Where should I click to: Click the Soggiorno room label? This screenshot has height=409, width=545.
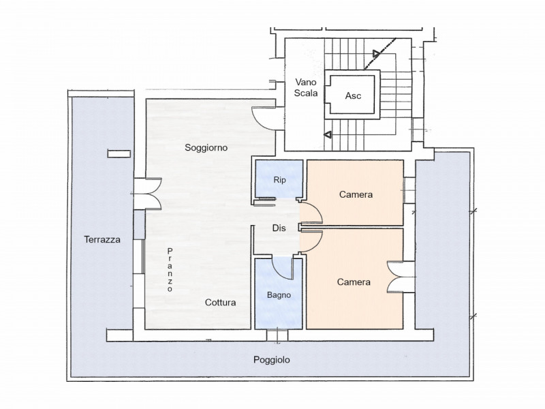point(206,147)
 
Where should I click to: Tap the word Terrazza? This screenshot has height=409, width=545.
point(103,239)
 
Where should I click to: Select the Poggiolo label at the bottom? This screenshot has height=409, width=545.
point(271,360)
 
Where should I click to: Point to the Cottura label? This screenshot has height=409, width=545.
point(221,303)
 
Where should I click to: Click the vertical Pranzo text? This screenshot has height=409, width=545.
point(170,270)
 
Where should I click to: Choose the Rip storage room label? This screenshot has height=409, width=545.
point(279,181)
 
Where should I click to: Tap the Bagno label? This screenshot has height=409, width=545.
point(279,295)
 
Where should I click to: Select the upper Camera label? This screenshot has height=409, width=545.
point(356,195)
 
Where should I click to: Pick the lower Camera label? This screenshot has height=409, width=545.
point(354,282)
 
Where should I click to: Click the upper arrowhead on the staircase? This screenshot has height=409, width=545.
point(376,53)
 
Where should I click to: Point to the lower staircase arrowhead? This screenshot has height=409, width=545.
point(328,134)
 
